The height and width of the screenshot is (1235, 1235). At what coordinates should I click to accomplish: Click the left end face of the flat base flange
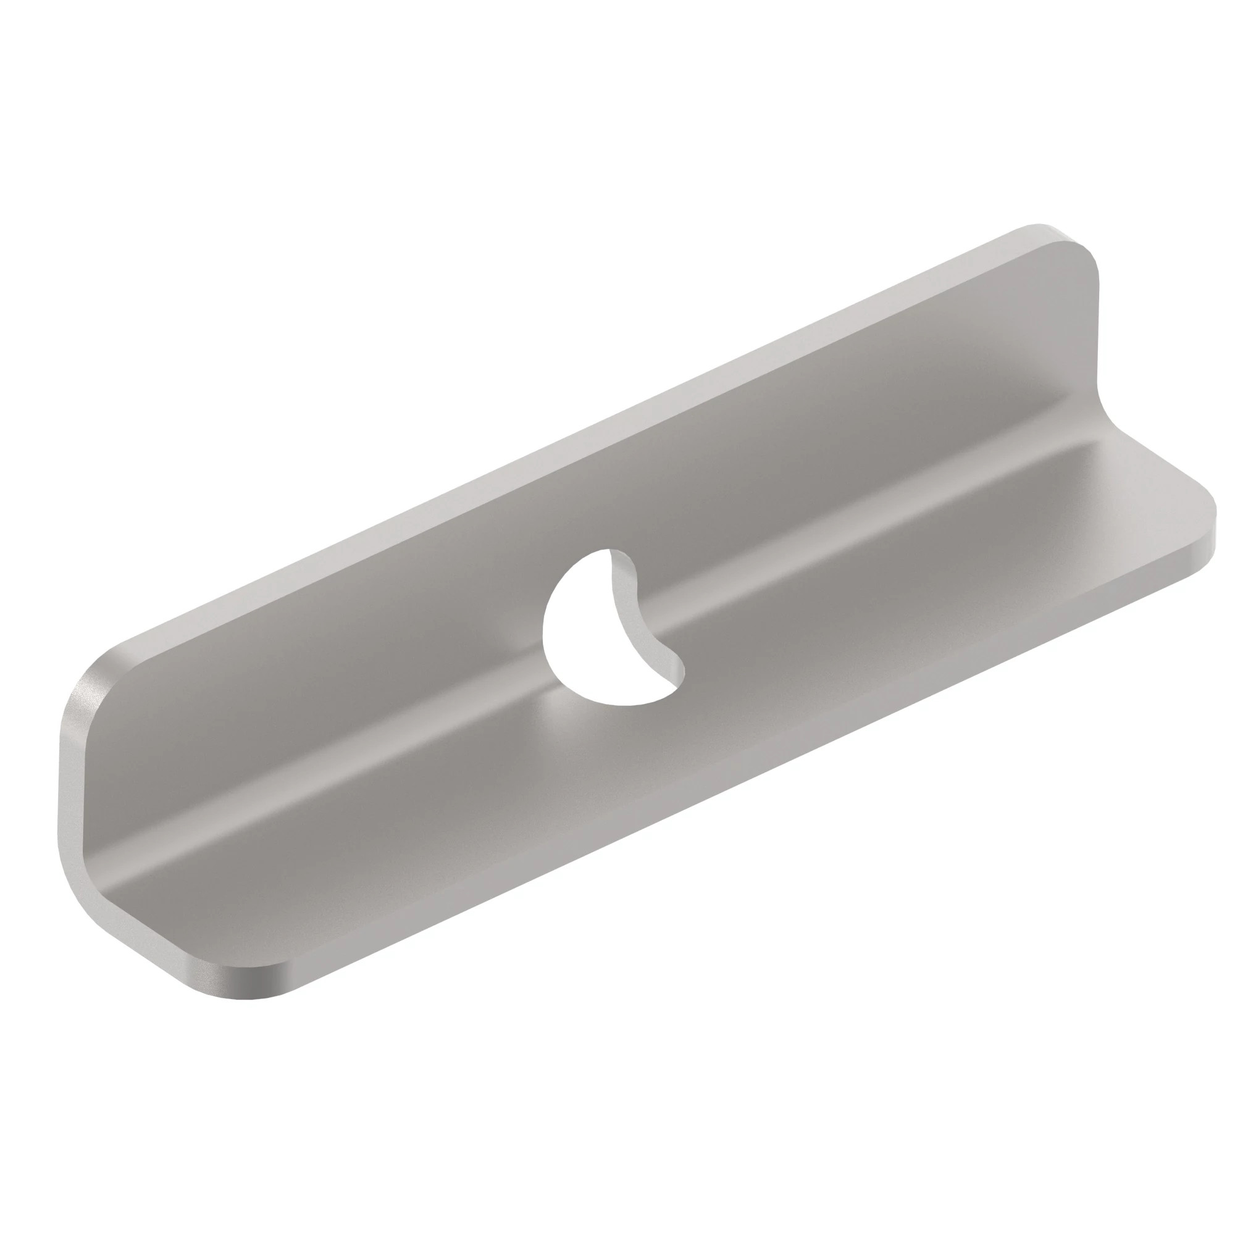160,959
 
